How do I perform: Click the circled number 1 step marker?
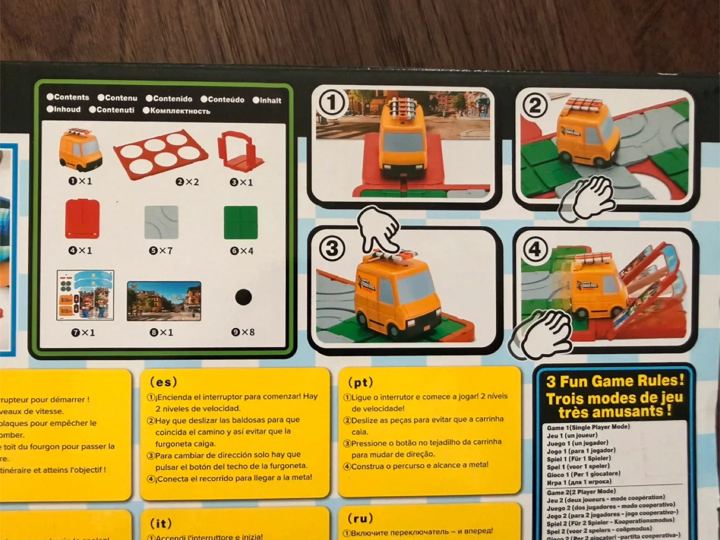331,102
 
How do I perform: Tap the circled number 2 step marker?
534,105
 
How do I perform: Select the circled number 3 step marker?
332,248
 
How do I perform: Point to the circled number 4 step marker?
534,248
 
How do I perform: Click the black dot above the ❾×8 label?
243,297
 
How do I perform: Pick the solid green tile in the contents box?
240,222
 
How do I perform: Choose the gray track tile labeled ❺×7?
161,222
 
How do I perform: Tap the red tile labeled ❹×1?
82,219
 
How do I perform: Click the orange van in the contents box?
80,149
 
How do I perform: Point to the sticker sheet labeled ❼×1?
85,295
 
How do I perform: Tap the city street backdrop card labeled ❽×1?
164,301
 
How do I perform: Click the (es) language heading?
163,382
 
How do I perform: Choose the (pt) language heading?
360,382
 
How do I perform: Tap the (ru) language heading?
360,518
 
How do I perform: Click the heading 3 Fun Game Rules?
614,381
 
